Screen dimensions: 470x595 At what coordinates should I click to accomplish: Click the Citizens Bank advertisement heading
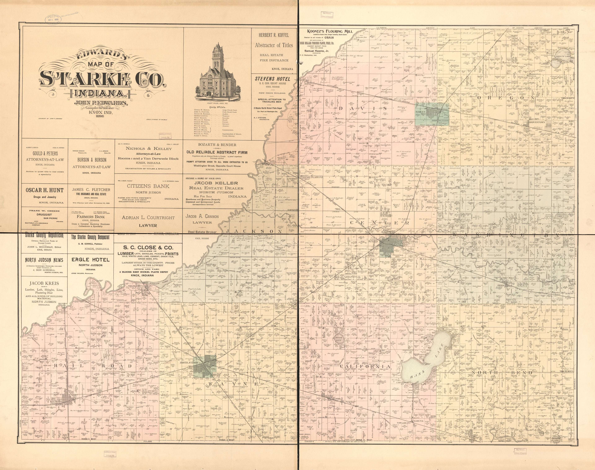pyautogui.click(x=148, y=186)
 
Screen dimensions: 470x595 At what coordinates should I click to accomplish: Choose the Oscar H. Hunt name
pyautogui.click(x=44, y=190)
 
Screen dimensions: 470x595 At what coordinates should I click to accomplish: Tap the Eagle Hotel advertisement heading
pyautogui.click(x=90, y=260)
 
